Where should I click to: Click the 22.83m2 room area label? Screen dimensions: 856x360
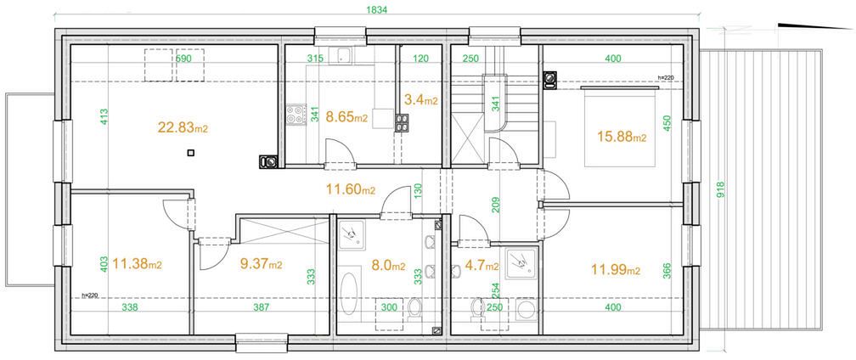point(183,127)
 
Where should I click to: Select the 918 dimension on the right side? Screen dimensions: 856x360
point(721,188)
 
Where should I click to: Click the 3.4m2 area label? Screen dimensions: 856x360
point(420,100)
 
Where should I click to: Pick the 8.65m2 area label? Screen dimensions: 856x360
point(346,116)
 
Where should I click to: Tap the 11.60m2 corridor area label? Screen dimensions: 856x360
point(351,190)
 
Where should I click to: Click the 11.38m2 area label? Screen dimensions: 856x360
point(137,265)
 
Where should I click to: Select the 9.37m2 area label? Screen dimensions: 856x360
point(261,264)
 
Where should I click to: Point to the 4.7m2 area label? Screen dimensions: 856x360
point(482,266)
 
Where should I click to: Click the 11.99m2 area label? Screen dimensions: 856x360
point(617,269)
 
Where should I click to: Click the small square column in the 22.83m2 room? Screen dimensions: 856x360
point(190,154)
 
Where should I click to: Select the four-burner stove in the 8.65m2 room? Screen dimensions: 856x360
point(296,115)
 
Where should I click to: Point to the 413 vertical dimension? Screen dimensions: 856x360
point(104,117)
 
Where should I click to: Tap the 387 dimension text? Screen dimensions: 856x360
point(262,307)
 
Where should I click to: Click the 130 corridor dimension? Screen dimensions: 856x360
point(418,190)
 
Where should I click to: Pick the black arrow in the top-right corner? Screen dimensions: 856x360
point(814,25)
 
